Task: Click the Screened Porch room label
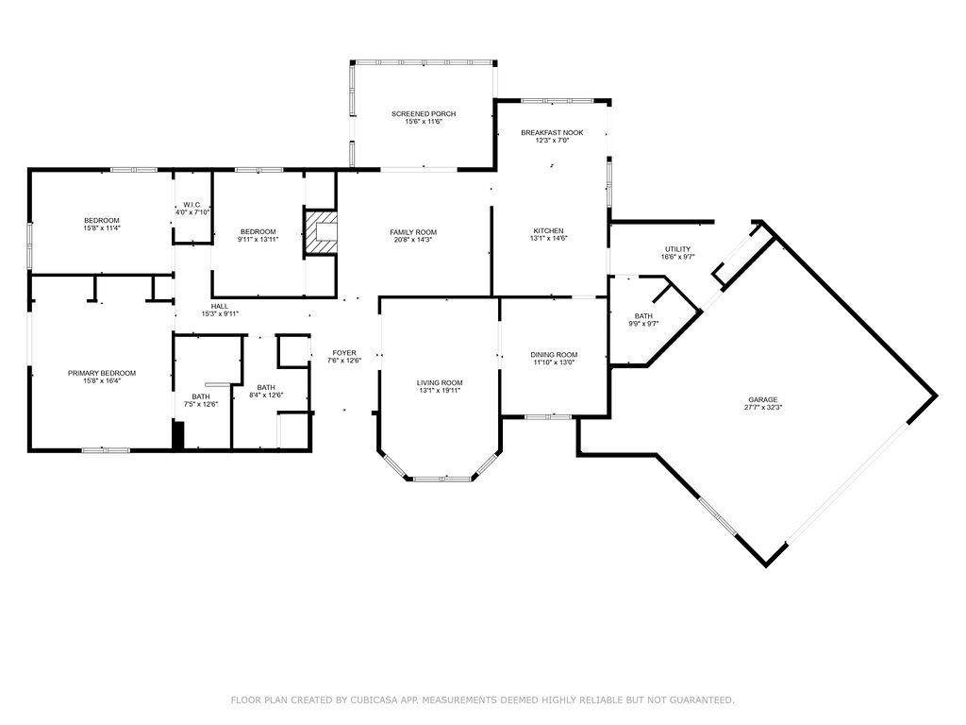click(424, 114)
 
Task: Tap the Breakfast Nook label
click(552, 132)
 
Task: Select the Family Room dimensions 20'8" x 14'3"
click(413, 240)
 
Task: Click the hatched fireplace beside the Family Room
click(320, 232)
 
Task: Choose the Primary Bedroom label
click(102, 373)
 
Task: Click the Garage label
click(763, 399)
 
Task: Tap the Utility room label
click(677, 249)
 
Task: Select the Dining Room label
click(554, 355)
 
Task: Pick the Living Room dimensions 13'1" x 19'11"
click(440, 390)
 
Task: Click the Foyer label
click(343, 353)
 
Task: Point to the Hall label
click(219, 306)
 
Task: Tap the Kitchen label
click(548, 230)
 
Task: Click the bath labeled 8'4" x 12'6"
click(266, 391)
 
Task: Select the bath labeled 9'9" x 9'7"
click(643, 319)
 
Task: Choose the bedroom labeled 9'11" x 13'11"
click(258, 235)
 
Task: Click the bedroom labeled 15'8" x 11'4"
click(102, 224)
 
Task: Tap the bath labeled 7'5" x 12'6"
click(201, 400)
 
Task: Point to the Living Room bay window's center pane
click(441, 479)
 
